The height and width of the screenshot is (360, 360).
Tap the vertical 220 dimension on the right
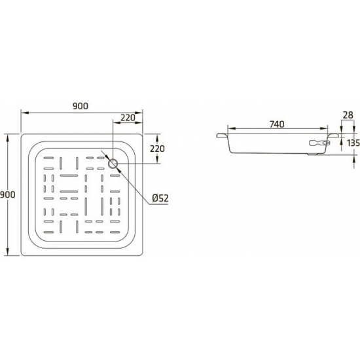(x=157, y=149)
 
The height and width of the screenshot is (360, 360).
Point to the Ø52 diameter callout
(x=160, y=198)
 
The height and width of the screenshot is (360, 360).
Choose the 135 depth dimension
(x=352, y=143)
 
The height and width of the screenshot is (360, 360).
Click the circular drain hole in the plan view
(x=115, y=163)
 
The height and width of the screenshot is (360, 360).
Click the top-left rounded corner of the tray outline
(x=24, y=137)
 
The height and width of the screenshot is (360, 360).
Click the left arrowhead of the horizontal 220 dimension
(x=117, y=124)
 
